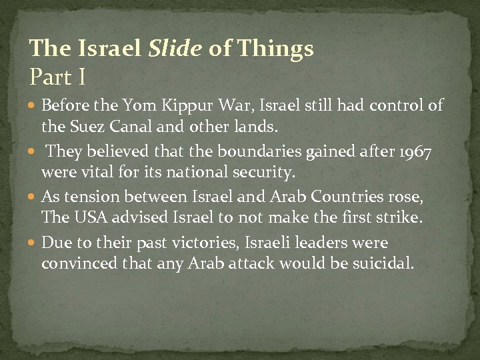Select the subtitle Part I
(57, 77)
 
